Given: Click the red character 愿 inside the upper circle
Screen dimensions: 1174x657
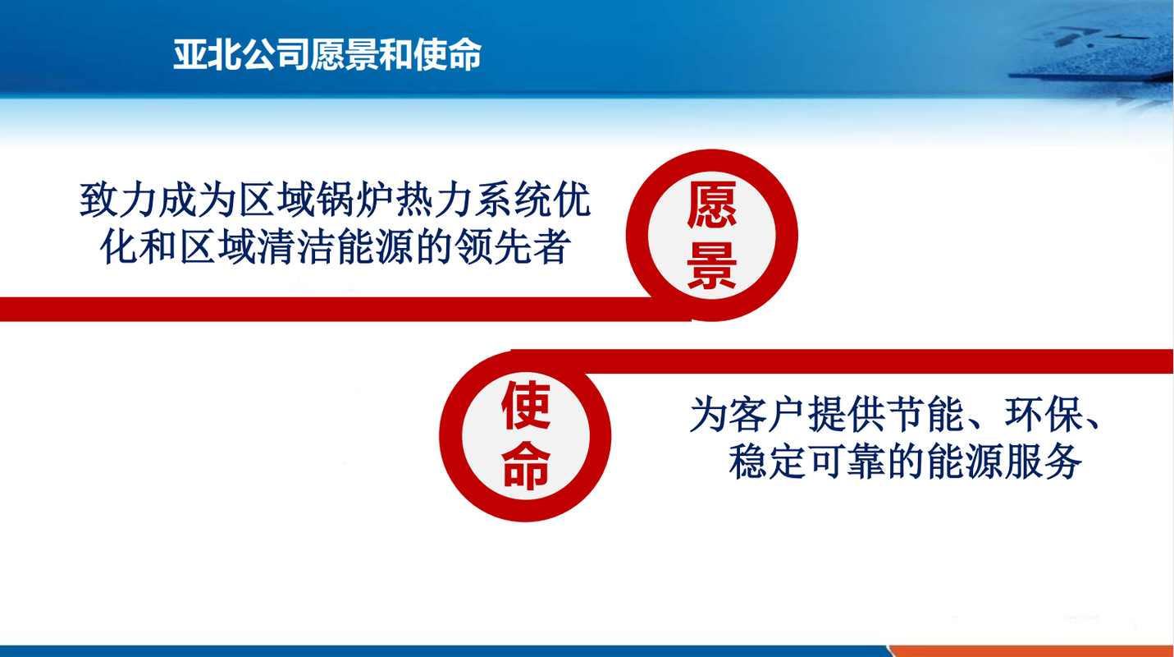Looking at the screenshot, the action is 712,204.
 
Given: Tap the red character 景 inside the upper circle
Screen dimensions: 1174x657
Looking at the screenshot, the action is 712,265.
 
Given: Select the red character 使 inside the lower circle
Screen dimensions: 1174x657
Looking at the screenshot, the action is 526,405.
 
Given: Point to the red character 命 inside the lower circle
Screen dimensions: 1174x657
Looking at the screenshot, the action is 526,466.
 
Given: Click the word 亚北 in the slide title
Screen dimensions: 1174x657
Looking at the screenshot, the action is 207,54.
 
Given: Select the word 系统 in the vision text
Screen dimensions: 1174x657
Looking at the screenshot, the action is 513,200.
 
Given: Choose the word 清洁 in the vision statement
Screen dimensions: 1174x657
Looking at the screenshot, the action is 296,246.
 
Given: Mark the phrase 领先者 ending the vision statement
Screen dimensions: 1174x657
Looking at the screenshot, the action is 513,246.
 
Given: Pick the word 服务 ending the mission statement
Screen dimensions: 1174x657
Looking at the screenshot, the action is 1043,462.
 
